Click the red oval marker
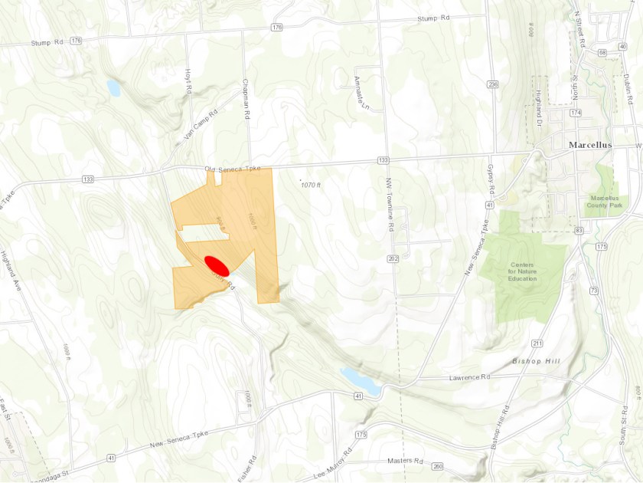coord(217,265)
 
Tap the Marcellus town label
coord(596,144)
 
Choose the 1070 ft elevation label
coord(310,185)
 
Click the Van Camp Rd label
coord(201,124)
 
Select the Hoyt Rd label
coord(188,80)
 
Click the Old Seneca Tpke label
coord(230,168)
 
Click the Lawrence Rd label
coord(469,377)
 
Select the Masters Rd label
coord(405,461)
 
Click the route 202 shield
coord(393,260)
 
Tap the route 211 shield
coord(537,343)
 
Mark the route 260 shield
coord(437,466)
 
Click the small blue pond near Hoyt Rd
coord(113,87)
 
